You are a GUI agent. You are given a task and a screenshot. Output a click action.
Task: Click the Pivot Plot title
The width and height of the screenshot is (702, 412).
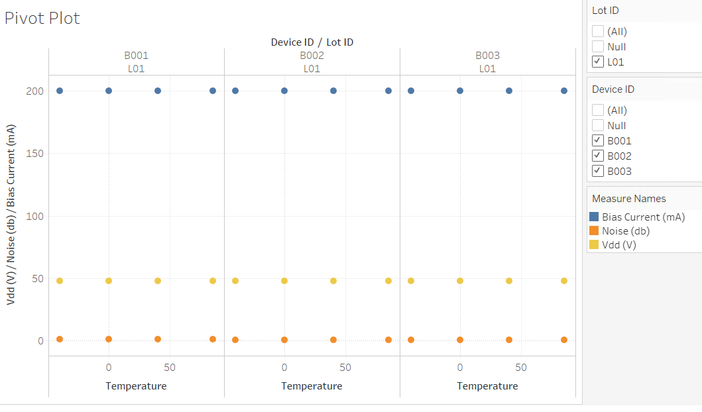(x=42, y=18)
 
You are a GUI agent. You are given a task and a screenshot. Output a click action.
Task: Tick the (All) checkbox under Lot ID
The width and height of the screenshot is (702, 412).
(x=598, y=31)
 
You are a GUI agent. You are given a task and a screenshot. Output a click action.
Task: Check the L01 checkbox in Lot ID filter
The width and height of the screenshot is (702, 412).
(x=598, y=62)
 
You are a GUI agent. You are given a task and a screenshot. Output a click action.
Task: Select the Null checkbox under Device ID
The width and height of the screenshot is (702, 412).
(x=598, y=125)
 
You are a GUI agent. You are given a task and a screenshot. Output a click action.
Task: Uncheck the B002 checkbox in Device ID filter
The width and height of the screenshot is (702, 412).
(x=598, y=156)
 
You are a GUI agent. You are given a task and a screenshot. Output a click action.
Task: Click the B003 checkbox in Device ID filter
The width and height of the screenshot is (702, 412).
(x=598, y=172)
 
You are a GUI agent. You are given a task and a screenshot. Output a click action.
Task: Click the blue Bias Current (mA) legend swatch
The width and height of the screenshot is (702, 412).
(x=594, y=217)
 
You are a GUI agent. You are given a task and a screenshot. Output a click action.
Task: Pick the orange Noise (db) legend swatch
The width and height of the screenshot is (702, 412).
(x=594, y=231)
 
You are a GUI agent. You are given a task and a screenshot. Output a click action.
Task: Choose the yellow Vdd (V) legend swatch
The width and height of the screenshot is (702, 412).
(x=594, y=244)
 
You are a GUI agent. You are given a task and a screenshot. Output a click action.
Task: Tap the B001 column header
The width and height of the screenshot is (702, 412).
(x=136, y=56)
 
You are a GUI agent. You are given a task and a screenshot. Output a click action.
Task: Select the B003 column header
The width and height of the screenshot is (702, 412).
(x=487, y=56)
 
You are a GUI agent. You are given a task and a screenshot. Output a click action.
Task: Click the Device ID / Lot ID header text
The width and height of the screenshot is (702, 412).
(x=312, y=42)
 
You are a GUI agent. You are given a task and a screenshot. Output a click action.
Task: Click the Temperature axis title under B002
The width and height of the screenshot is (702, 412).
(x=312, y=386)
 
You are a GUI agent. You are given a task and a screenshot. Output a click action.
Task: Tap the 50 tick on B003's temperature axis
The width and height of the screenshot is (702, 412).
(x=521, y=367)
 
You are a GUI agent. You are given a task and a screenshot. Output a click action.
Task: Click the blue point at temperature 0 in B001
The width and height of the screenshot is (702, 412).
(x=109, y=91)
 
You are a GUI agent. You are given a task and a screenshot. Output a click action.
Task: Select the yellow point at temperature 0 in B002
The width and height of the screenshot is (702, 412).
(x=284, y=281)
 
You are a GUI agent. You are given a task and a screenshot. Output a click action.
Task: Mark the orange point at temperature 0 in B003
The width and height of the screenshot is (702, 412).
(x=460, y=340)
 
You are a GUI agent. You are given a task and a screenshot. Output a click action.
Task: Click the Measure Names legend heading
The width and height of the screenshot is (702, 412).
(x=628, y=198)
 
